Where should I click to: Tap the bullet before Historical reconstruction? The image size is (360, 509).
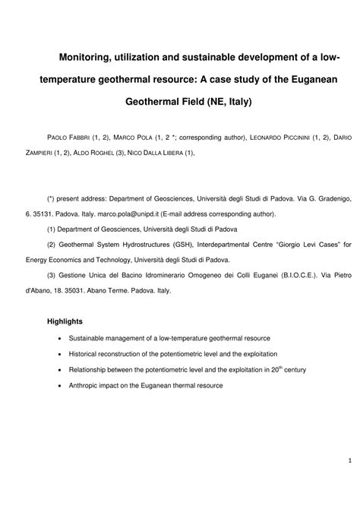[x=59, y=354]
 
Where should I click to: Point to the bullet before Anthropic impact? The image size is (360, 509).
[x=59, y=386]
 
